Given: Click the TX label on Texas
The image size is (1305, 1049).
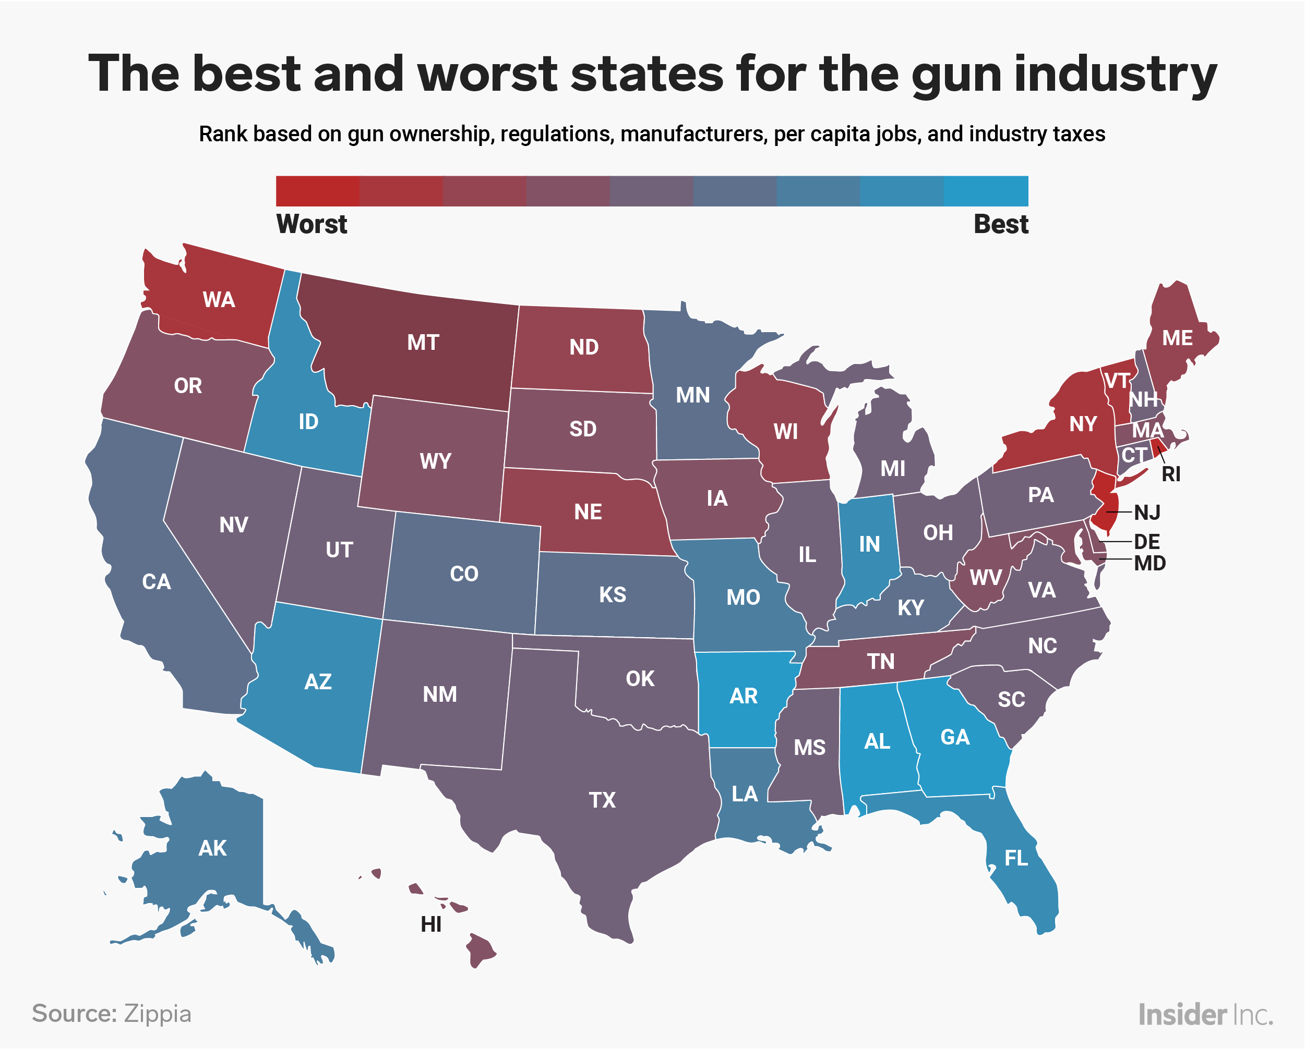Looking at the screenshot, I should pos(602,800).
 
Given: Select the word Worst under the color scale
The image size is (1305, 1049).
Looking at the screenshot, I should pos(312,224).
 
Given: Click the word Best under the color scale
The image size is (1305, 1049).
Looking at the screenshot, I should pos(1001,224).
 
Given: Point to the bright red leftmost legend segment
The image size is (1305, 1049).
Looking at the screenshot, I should pos(317,191).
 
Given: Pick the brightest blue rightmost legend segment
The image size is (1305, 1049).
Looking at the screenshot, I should pos(986,191).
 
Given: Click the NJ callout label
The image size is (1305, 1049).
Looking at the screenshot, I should pos(1147,513).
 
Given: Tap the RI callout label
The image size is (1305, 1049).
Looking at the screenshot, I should pos(1170,475).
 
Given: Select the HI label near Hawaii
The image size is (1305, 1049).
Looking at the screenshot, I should pos(431,925).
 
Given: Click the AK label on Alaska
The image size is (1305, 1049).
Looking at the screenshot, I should pos(212,849).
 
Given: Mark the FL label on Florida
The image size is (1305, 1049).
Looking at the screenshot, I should pos(1016,858).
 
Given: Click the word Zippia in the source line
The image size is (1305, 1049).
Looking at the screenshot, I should pos(158,1014).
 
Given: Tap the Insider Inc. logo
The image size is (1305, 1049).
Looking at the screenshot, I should pos(1205,1015).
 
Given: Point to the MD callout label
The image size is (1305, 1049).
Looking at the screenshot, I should pos(1150,564).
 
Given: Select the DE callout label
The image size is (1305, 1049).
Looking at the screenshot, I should pos(1146,541).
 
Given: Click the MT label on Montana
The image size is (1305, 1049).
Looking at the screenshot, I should pos(423,343).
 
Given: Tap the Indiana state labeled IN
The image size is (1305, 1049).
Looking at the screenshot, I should pos(869,544).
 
